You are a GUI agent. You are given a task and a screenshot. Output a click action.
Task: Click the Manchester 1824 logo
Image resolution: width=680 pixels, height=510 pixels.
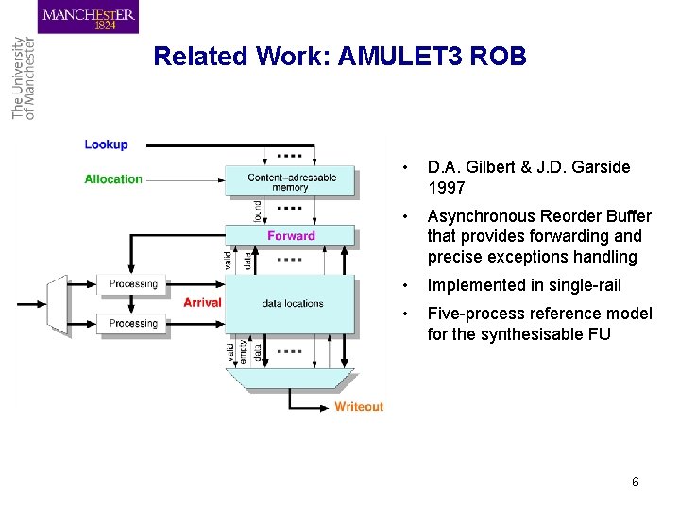(x=89, y=17)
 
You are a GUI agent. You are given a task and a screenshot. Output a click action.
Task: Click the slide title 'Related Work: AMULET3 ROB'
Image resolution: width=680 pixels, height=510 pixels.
(x=339, y=57)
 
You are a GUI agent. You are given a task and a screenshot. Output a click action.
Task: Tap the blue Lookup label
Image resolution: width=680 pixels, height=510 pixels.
(x=106, y=144)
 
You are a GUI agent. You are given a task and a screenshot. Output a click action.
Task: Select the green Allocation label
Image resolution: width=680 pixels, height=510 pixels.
(x=113, y=179)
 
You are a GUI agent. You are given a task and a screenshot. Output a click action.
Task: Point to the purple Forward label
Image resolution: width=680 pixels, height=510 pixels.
(x=291, y=236)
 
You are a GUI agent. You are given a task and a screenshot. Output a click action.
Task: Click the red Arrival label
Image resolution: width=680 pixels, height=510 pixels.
(x=202, y=302)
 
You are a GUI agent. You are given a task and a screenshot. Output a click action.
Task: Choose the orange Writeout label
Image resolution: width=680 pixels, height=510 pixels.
(x=359, y=407)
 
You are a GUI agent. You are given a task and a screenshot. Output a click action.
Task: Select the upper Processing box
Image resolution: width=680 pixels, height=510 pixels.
(x=133, y=284)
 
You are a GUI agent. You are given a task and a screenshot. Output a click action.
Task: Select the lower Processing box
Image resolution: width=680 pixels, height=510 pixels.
(x=133, y=323)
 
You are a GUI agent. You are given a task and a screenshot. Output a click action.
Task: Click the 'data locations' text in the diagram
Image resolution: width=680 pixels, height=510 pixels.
(x=293, y=303)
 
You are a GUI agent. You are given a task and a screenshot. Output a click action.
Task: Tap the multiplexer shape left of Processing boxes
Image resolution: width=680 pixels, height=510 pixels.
(x=58, y=305)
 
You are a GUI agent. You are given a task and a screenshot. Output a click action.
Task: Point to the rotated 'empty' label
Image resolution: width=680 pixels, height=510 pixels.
(x=244, y=350)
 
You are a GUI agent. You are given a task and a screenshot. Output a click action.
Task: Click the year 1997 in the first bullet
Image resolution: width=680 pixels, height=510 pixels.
(x=446, y=188)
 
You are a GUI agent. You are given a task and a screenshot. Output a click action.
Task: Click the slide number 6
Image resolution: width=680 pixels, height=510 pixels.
(x=635, y=482)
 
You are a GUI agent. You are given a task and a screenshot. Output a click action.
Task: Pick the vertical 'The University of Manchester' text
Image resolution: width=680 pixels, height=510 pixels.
(x=22, y=77)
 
